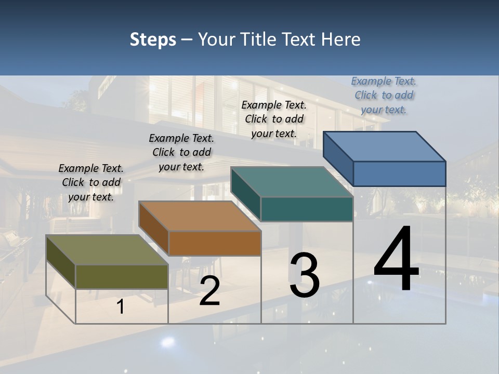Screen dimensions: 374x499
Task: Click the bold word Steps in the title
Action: (x=153, y=39)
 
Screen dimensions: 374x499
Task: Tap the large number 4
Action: (x=396, y=258)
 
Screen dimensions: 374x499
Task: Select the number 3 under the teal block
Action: (x=305, y=275)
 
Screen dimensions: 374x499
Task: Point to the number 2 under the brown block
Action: (x=209, y=291)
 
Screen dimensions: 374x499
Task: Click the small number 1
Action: (x=121, y=306)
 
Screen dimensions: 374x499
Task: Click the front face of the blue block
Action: (x=399, y=173)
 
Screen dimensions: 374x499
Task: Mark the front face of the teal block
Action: (x=307, y=209)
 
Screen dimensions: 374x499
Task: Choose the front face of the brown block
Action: (x=215, y=243)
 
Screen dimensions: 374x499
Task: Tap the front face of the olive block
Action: (x=122, y=276)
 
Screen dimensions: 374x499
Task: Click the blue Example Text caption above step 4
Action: (x=384, y=95)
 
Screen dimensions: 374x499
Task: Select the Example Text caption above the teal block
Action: (x=274, y=119)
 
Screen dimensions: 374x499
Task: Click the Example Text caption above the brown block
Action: (x=181, y=152)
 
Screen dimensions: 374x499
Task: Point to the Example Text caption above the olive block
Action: (x=91, y=182)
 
